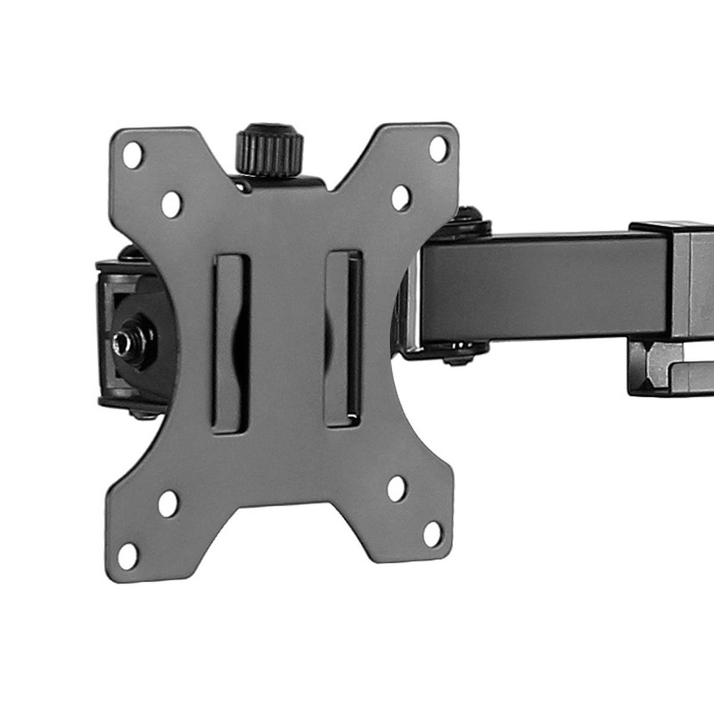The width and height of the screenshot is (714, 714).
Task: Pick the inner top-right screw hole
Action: (402, 195)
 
